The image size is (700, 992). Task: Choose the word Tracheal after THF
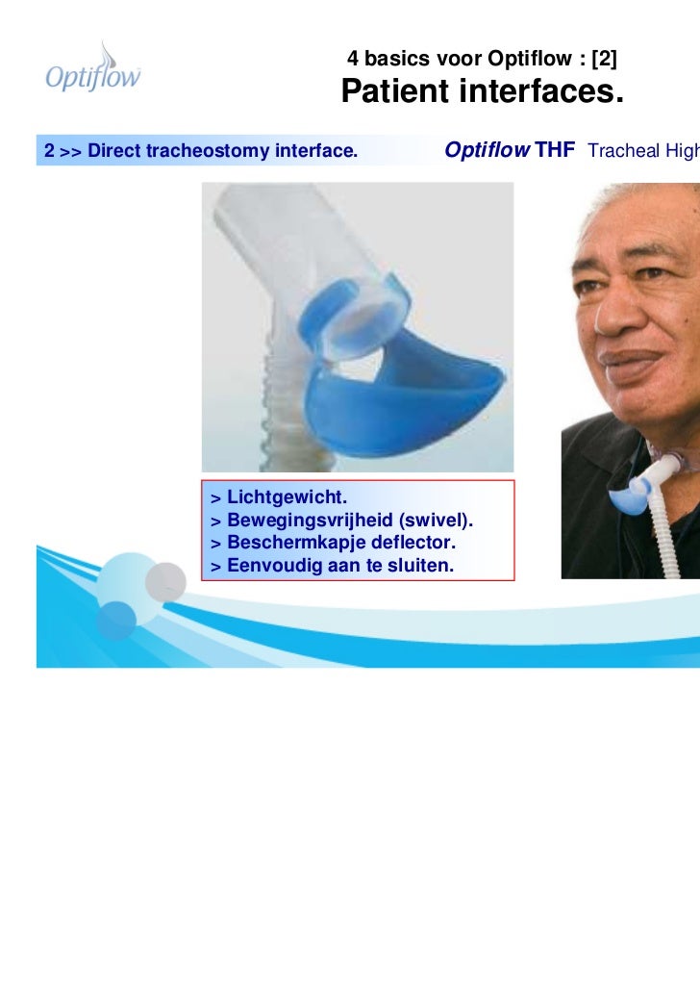tap(619, 151)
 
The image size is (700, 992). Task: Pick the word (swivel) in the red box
tap(437, 521)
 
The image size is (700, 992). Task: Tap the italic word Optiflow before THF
tap(487, 150)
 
